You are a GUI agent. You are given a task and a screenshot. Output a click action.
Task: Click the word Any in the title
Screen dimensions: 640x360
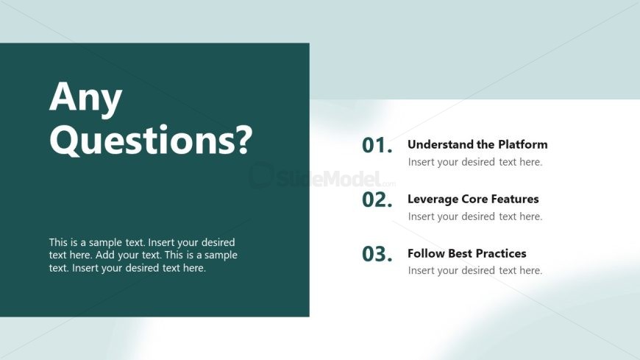pyautogui.click(x=86, y=97)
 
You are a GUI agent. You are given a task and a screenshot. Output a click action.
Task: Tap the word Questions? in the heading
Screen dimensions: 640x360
pyautogui.click(x=151, y=140)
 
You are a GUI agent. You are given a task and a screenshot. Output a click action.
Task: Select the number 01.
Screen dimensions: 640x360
pyautogui.click(x=377, y=146)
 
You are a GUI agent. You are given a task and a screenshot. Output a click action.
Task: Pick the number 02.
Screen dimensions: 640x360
pyautogui.click(x=377, y=200)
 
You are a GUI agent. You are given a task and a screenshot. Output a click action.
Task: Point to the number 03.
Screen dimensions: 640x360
pyautogui.click(x=377, y=254)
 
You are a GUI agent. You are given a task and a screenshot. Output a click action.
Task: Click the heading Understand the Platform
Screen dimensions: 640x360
pyautogui.click(x=477, y=144)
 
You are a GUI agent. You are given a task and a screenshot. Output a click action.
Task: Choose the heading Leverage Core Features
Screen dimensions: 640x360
pyautogui.click(x=473, y=199)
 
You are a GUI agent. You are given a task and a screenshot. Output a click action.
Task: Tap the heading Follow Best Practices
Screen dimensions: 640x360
pyautogui.click(x=467, y=253)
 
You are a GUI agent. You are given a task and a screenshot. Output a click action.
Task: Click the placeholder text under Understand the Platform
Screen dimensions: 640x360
pyautogui.click(x=475, y=162)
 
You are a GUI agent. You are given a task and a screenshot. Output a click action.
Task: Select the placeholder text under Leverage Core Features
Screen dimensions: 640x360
pyautogui.click(x=475, y=216)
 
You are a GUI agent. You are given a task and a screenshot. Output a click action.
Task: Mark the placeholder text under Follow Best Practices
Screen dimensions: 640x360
pyautogui.click(x=475, y=270)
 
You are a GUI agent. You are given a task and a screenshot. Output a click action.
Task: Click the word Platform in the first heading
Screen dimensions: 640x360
pyautogui.click(x=523, y=144)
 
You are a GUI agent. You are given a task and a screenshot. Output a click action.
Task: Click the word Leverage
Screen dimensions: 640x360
pyautogui.click(x=433, y=200)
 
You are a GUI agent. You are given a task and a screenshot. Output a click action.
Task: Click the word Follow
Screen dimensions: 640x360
pyautogui.click(x=426, y=253)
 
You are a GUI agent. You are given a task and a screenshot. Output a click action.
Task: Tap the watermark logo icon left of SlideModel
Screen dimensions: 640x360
pyautogui.click(x=261, y=175)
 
